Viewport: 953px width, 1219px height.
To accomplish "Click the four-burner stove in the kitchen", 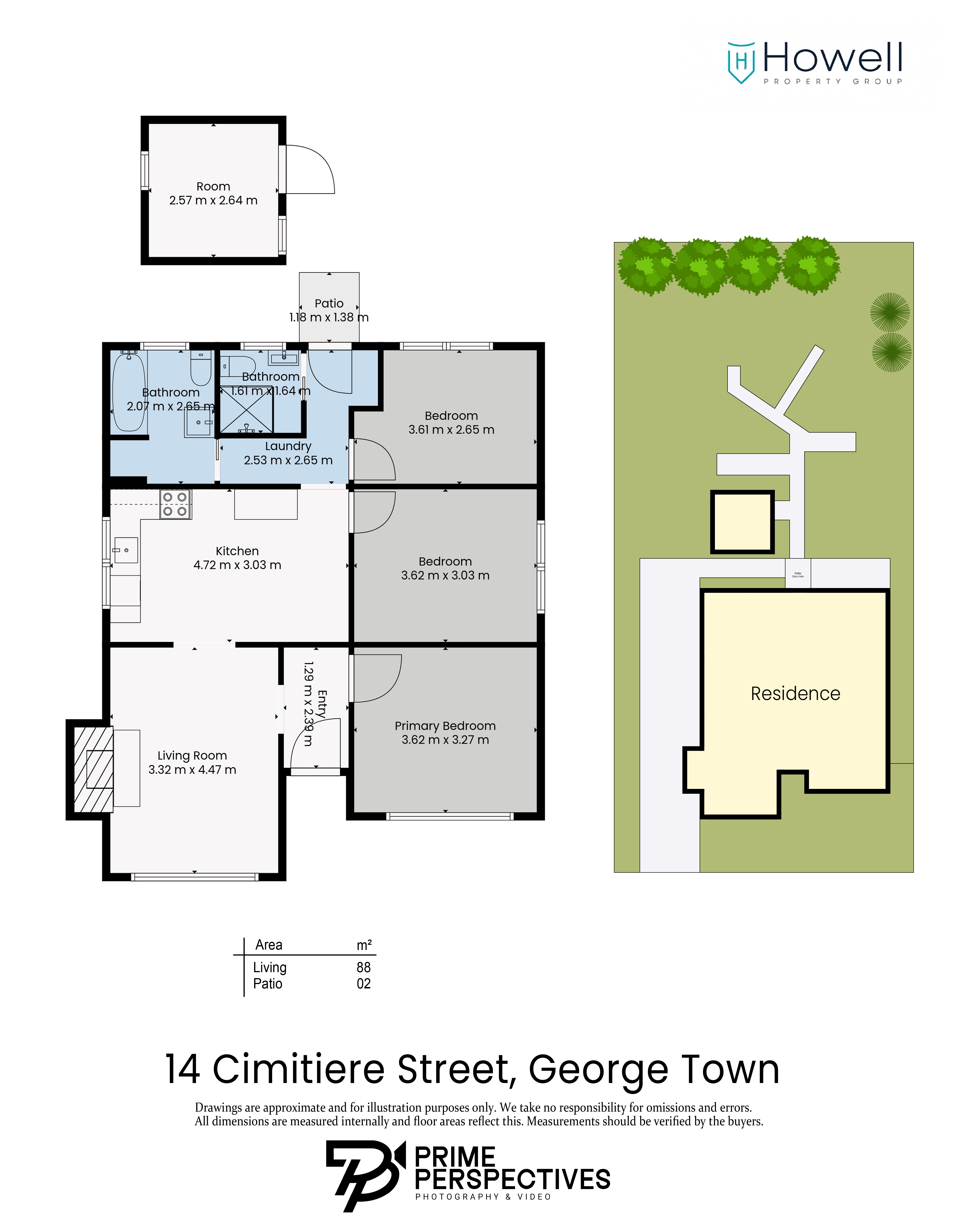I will coord(175,504).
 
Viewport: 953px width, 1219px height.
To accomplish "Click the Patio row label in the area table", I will coord(268,983).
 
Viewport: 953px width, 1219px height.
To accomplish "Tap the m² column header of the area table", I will coord(364,945).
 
